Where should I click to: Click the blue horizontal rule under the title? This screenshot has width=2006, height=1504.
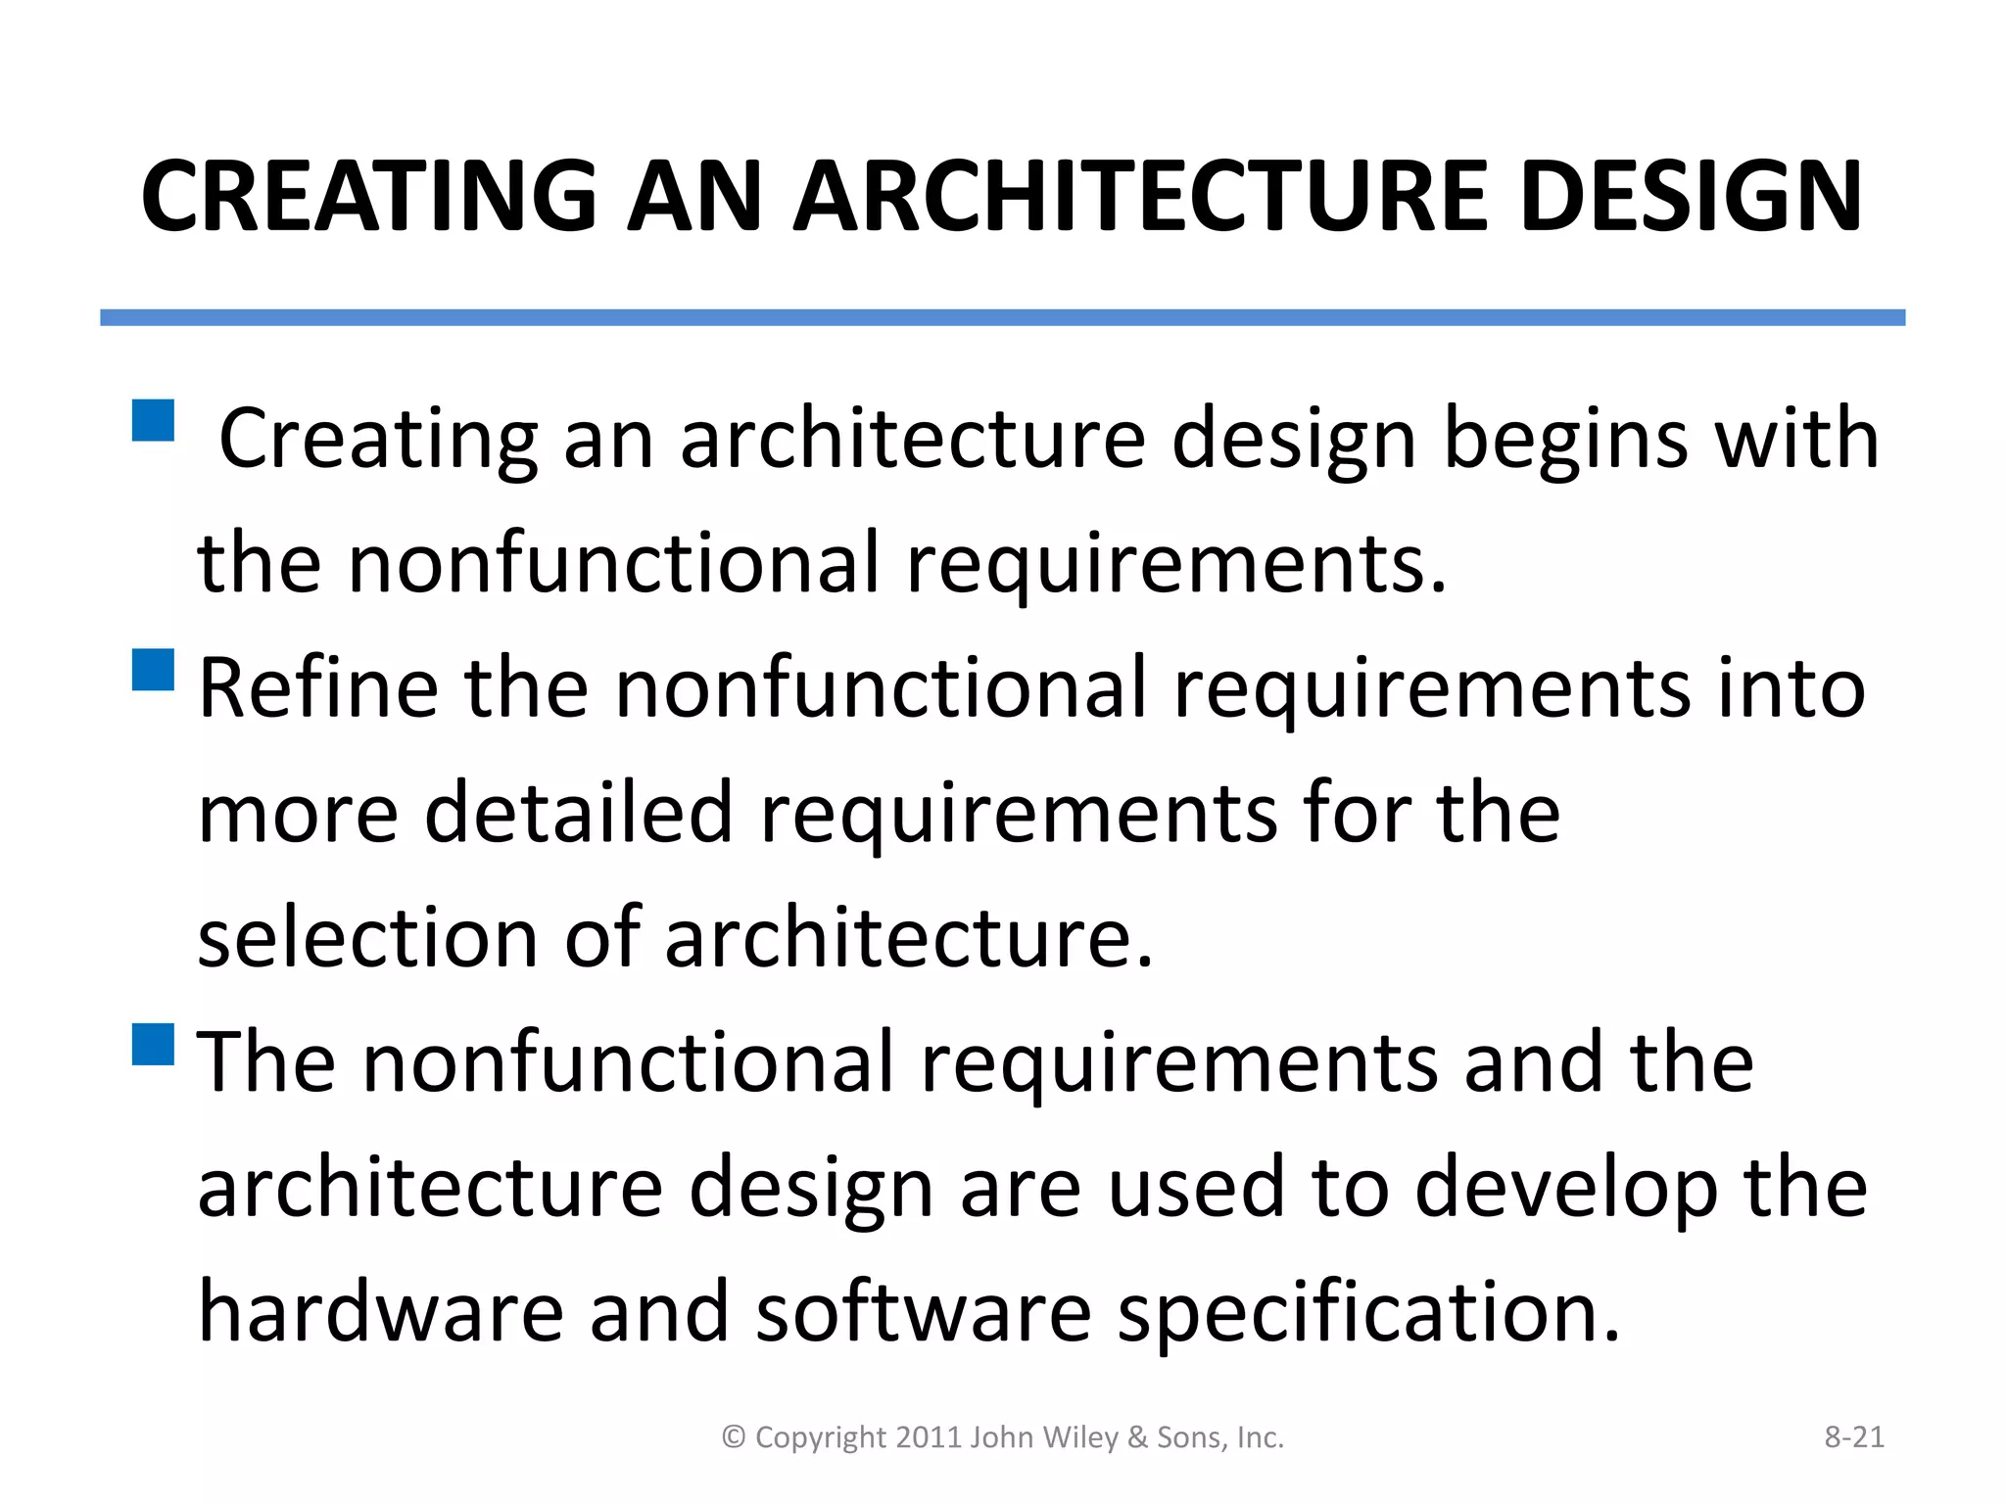point(1002,317)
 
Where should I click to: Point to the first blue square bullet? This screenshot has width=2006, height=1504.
point(152,420)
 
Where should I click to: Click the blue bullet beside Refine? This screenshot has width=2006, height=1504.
point(152,670)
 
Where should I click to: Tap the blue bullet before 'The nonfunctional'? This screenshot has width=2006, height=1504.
point(152,1044)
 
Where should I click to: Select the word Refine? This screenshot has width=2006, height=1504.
point(317,688)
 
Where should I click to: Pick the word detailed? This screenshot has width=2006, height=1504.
point(578,813)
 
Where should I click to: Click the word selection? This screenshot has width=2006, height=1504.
point(368,938)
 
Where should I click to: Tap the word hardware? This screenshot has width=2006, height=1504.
point(380,1312)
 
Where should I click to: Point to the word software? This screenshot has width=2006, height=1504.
point(923,1312)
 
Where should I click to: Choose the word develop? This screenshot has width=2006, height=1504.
point(1565,1190)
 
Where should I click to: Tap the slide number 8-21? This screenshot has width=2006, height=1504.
point(1854,1437)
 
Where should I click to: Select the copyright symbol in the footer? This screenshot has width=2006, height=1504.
point(734,1437)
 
